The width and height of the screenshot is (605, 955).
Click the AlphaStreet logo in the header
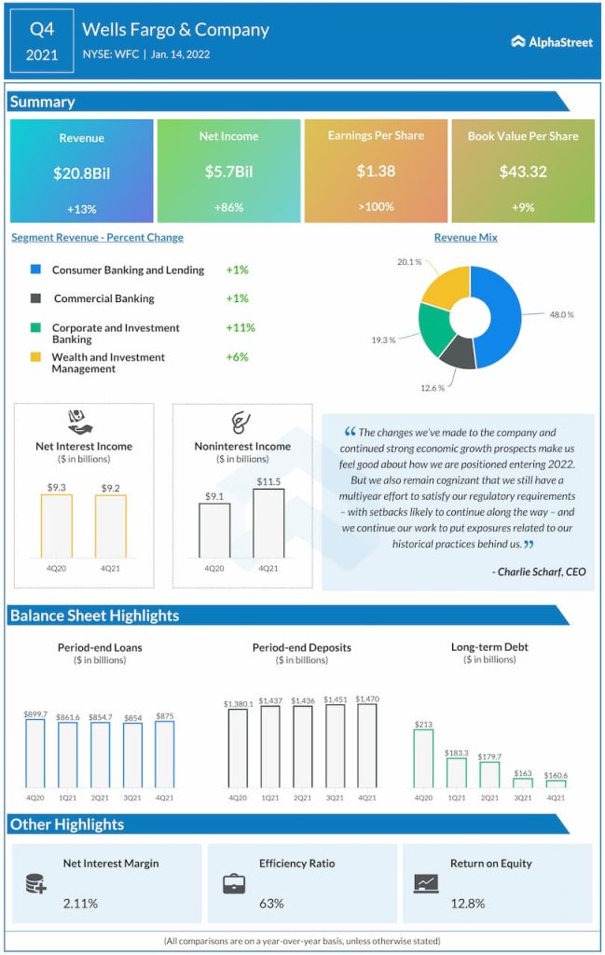[x=552, y=42]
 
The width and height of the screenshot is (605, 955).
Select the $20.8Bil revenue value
[x=81, y=173]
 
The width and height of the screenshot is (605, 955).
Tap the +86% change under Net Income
[x=228, y=207]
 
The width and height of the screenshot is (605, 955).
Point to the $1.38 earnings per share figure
[x=376, y=172]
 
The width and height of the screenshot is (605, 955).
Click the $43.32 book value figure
[x=523, y=172]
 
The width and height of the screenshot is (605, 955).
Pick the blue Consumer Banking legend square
[x=35, y=270]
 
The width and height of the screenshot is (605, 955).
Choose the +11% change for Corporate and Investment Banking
[x=240, y=328]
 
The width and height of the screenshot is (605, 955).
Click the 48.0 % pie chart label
[x=561, y=315]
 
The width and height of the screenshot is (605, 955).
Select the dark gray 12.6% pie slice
[x=458, y=350]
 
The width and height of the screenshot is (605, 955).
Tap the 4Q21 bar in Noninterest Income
[x=268, y=523]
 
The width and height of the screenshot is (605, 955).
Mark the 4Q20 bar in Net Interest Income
[x=56, y=526]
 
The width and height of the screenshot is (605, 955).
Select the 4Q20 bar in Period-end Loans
[x=35, y=754]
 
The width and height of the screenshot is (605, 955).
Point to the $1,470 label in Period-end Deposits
[x=366, y=699]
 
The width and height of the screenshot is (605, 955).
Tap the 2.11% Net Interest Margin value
[x=80, y=903]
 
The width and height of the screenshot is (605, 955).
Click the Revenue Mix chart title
[x=465, y=238]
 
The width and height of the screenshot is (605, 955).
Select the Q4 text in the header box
[x=42, y=29]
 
